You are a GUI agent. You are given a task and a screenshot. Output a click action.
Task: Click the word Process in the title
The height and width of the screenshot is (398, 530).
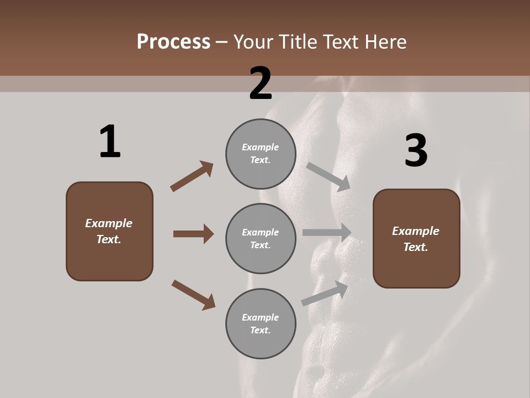tap(173, 42)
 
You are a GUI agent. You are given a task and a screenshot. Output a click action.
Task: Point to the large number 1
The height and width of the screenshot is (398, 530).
tap(110, 142)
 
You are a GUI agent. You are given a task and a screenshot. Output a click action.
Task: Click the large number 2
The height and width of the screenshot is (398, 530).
tap(261, 83)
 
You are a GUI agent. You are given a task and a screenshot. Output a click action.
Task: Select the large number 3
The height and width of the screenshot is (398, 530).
tap(416, 151)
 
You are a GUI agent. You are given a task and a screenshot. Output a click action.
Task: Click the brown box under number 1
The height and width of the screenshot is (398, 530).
tap(109, 231)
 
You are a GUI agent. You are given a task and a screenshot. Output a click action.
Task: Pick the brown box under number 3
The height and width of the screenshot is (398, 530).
tap(416, 239)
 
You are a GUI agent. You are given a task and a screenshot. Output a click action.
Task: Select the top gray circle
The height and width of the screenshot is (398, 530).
tap(261, 154)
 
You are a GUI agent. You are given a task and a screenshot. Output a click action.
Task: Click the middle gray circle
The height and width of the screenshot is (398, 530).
tap(261, 239)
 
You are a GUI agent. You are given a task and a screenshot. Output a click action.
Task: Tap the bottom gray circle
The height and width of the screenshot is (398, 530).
tap(261, 324)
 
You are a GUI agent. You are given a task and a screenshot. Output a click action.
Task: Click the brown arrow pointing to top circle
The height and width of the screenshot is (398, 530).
tap(192, 176)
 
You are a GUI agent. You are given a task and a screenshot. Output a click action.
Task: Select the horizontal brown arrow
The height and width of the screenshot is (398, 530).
tap(193, 234)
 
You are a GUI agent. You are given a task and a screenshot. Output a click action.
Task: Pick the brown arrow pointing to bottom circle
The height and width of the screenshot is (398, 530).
tap(193, 295)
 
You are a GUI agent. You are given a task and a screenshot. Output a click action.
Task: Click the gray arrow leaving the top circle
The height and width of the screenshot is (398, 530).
tap(328, 176)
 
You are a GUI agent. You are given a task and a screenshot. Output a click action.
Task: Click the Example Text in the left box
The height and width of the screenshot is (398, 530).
tap(109, 231)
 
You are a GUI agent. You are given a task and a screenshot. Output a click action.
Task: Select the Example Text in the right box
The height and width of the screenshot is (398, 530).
tap(416, 239)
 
